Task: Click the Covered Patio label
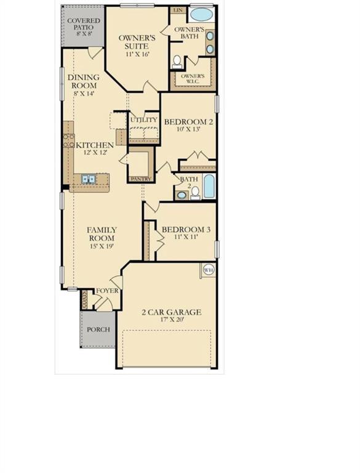pos(84,24)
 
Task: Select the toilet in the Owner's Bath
pos(177,61)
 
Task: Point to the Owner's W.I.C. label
pos(193,78)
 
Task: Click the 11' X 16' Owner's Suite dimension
pos(137,54)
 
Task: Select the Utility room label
pos(144,119)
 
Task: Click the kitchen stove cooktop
pos(69,141)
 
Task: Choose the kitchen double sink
pos(89,179)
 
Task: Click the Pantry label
pos(141,179)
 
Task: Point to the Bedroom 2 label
pos(188,122)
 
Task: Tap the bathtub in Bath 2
pos(209,187)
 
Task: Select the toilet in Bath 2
pos(195,193)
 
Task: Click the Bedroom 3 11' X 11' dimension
pos(186,237)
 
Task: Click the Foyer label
pos(107,291)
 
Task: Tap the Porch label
pos(98,329)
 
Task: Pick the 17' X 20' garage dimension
pos(172,320)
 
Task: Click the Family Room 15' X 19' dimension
pos(102,246)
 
